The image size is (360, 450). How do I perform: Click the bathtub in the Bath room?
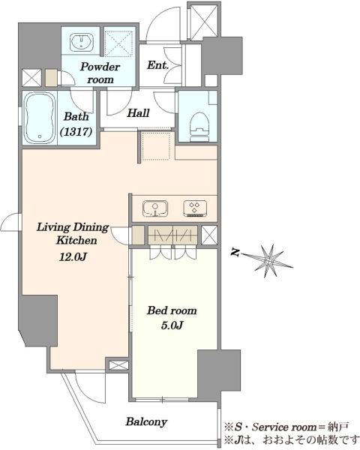pos(40,118)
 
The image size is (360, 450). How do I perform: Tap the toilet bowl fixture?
pos(199,126)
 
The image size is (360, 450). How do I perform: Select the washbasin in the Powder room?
pos(82,41)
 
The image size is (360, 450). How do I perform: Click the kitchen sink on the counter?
pos(155,208)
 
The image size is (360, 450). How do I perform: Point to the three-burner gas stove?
pos(195,208)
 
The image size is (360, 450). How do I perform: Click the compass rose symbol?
pos(269,261)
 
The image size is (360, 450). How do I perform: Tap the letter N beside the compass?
pos(236,253)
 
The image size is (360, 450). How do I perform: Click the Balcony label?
pos(146,421)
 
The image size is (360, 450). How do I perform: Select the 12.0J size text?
pos(73,256)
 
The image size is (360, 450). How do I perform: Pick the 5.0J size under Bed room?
pos(172,325)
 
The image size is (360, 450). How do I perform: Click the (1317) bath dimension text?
pos(76,131)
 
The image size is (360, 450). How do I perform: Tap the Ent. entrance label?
pos(157,65)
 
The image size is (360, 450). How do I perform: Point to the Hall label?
pos(138,112)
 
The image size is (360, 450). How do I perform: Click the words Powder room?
pos(100,73)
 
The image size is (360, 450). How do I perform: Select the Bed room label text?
pos(172,310)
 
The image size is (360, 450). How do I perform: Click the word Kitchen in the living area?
pos(76,240)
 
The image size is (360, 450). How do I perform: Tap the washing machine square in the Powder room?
pos(119,43)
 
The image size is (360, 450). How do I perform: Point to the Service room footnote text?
pos(286,427)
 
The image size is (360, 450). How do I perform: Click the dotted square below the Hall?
pos(157,145)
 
